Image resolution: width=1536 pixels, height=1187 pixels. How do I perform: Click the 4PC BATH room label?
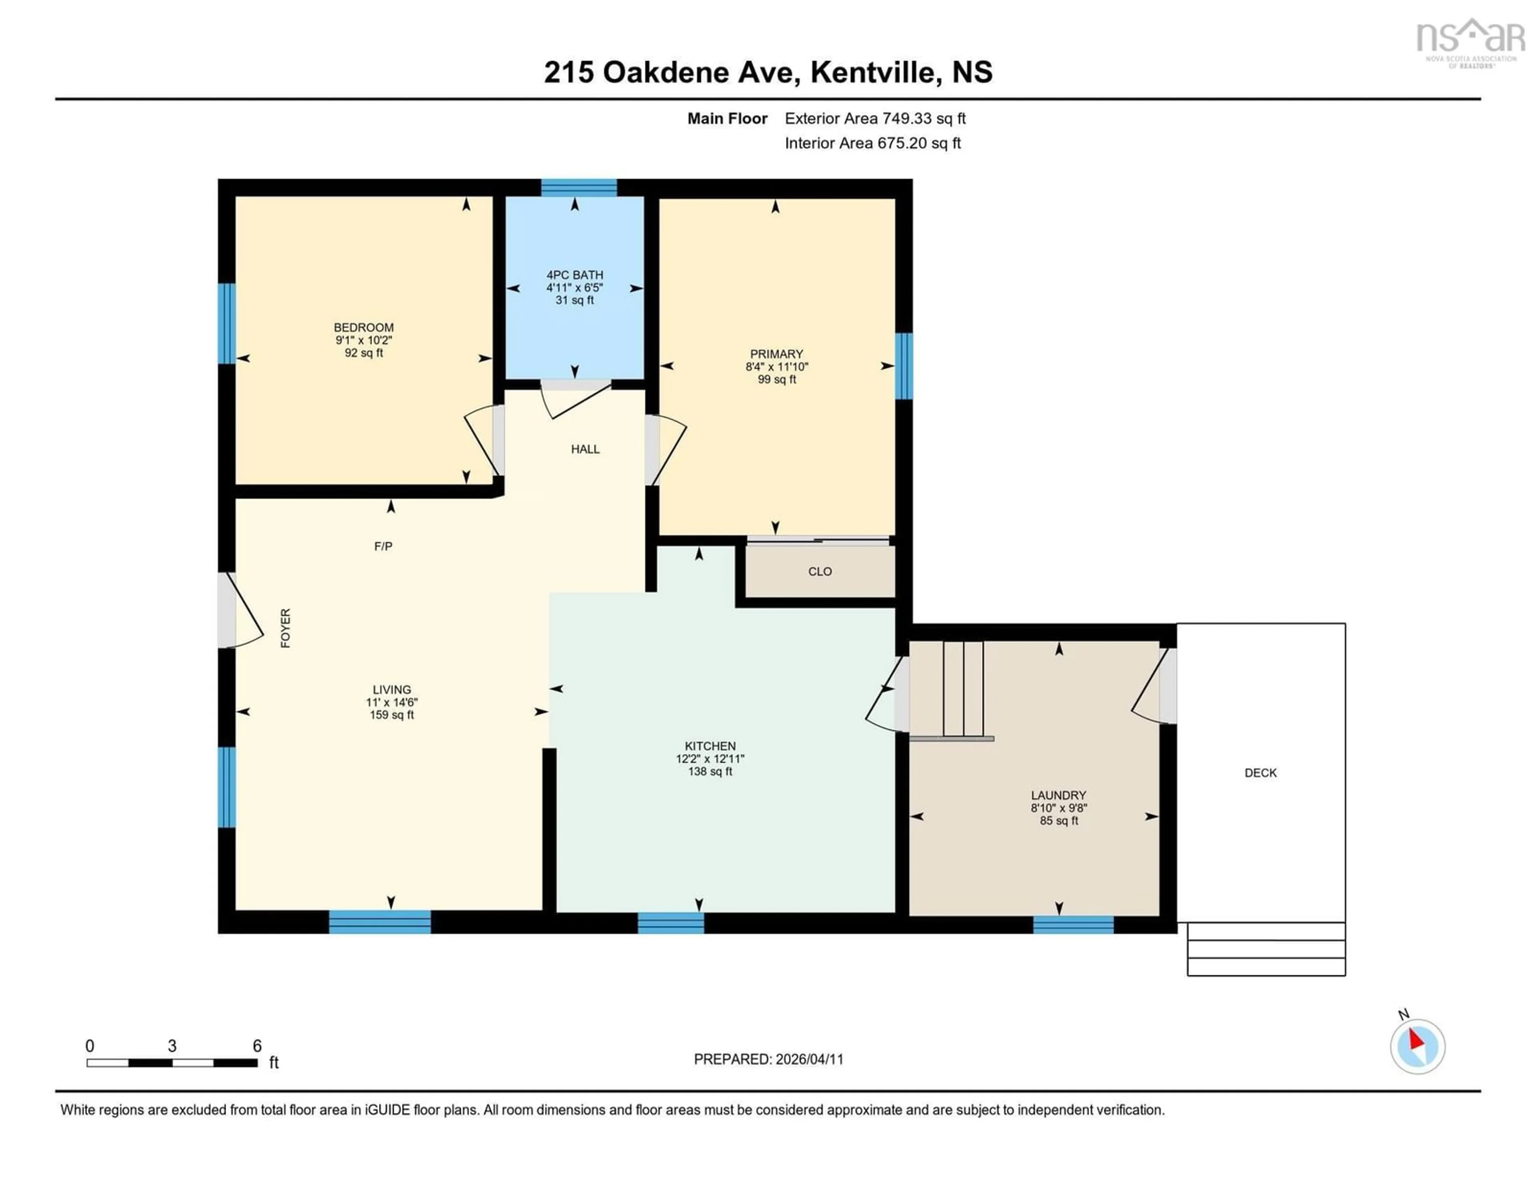pos(574,275)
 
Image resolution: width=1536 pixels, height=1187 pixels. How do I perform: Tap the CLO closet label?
pos(819,571)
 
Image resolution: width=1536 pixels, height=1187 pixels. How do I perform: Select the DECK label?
pos(1260,772)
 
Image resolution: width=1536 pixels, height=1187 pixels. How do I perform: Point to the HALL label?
pos(585,449)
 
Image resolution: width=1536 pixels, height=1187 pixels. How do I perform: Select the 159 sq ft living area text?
pos(392,715)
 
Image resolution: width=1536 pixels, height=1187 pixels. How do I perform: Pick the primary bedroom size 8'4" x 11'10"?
pos(776,367)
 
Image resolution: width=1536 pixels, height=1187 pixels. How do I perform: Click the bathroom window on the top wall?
pos(579,187)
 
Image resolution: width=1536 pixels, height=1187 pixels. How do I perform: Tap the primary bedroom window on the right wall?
pos(903,366)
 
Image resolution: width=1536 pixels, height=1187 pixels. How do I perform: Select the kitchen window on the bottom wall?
pos(670,922)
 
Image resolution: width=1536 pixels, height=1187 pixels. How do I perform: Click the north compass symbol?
pos(1417,1046)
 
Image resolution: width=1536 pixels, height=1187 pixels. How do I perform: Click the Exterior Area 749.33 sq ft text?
pos(875,118)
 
